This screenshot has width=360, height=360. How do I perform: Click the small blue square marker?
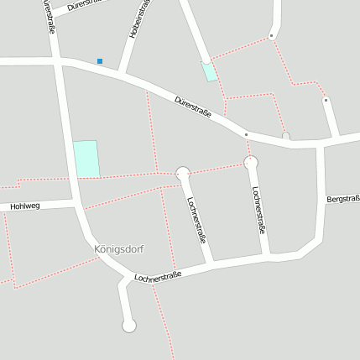tap(100, 61)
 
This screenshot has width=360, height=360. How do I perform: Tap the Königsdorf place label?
tap(118, 249)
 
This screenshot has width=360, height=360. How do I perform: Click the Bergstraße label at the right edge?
tap(344, 199)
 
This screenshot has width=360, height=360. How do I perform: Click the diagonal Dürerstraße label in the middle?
tap(192, 107)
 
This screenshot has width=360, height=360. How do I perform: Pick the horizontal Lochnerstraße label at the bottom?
tap(158, 275)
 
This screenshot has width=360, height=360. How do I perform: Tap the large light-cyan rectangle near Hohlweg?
tap(86, 159)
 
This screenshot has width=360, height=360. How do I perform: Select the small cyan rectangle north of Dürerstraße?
tap(209, 71)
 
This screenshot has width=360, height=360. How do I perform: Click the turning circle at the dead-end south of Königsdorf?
tap(129, 326)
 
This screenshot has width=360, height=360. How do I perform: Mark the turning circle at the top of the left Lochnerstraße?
tap(183, 174)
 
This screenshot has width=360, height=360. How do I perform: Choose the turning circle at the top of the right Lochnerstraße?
tap(250, 162)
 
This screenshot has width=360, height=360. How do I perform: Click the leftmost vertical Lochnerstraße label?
tap(197, 220)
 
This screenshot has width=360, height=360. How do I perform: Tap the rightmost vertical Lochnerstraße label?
tap(260, 208)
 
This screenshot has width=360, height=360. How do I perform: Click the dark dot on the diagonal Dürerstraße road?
tap(245, 134)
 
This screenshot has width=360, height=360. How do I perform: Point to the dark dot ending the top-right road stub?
tap(271, 36)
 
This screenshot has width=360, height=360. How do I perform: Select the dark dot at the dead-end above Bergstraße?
tap(326, 100)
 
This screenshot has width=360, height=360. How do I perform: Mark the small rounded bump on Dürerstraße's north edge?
tap(285, 134)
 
